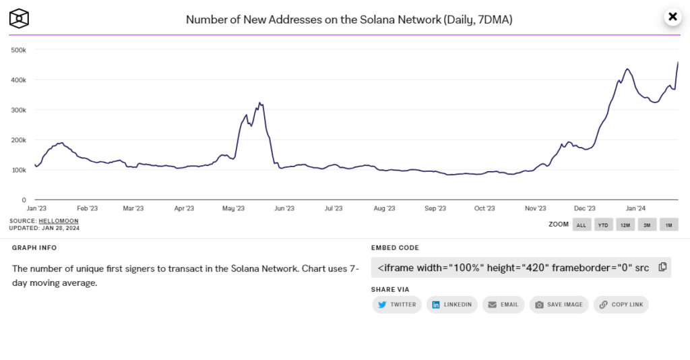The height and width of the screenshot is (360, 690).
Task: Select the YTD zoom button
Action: (603, 224)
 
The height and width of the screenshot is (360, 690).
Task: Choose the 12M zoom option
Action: (625, 224)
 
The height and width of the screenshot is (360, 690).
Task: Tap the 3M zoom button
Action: (647, 224)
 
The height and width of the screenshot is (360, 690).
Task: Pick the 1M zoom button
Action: (668, 224)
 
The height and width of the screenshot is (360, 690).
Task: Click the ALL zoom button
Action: (582, 224)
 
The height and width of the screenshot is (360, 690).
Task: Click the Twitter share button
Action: (397, 305)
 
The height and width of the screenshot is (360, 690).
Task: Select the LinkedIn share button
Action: (452, 305)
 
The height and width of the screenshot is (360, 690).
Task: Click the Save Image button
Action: (559, 305)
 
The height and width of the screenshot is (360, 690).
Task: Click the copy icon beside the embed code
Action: (662, 267)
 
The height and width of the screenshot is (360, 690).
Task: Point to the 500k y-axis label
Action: (18, 50)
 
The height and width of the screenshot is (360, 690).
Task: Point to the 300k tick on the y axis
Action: (18, 110)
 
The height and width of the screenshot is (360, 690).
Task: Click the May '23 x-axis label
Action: (232, 209)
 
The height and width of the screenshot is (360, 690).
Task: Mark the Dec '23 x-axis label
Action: (585, 209)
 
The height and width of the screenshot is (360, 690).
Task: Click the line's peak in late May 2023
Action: (259, 102)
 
